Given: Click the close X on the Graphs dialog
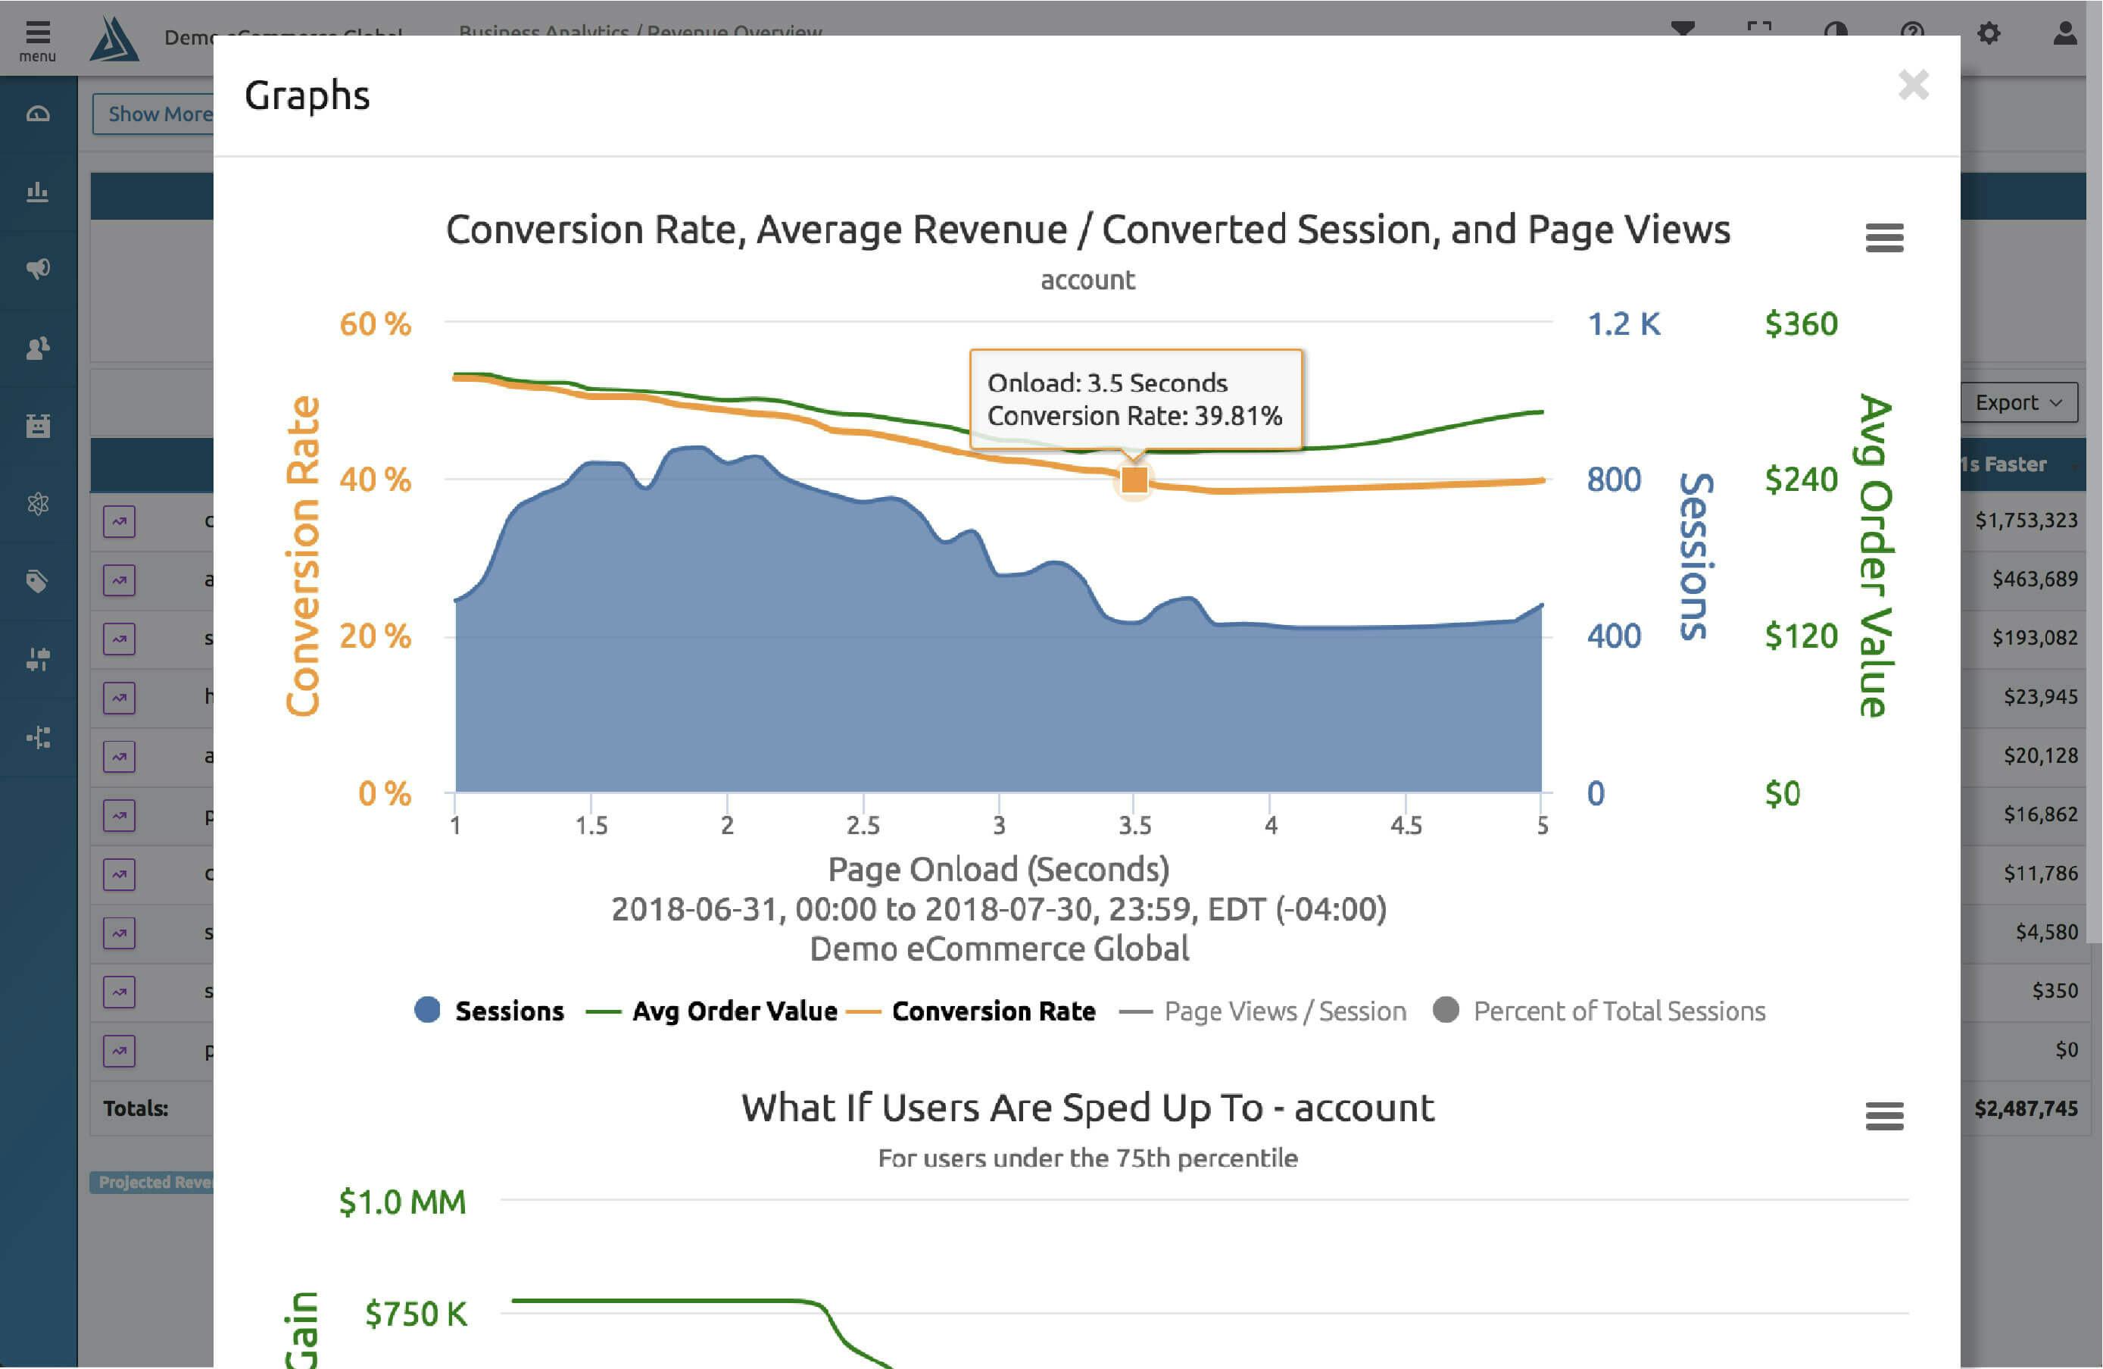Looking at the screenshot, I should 1913,85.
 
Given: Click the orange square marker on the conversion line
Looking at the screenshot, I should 1134,480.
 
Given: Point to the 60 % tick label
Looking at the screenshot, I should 376,324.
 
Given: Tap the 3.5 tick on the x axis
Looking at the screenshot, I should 1134,826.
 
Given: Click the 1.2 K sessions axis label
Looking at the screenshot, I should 1624,324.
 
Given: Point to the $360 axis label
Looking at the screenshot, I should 1801,324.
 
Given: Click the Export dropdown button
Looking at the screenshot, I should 2018,402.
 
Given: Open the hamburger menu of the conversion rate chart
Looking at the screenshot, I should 1884,237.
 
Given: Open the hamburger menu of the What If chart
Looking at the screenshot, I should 1884,1115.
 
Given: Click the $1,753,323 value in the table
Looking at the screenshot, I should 2026,520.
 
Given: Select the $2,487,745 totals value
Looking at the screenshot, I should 2026,1108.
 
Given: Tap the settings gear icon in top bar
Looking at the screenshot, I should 1989,33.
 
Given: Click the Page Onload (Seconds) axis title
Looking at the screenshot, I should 998,869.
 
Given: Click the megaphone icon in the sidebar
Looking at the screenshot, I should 38,269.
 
